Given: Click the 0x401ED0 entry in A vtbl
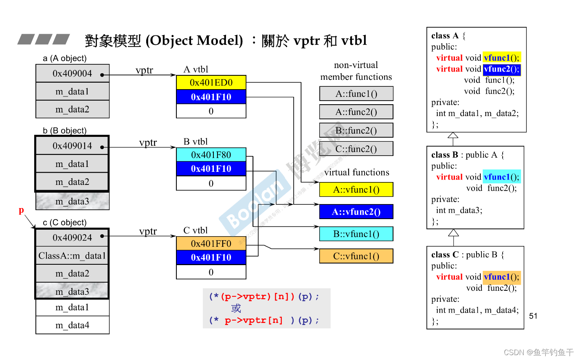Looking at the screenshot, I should coord(211,83).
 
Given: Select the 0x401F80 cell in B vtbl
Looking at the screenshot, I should coord(211,155).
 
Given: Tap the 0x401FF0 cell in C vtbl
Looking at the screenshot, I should coord(211,244).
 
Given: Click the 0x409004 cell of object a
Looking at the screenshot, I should coord(72,74).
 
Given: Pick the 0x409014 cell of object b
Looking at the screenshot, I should coord(72,146).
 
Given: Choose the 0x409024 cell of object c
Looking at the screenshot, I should coord(72,237).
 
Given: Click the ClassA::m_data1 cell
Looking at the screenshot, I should coord(72,256).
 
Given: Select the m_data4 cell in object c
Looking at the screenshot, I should coord(72,325).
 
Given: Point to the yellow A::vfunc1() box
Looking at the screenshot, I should coord(356,190).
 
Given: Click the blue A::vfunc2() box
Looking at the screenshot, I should coord(356,212).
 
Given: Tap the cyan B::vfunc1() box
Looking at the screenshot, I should coord(356,234).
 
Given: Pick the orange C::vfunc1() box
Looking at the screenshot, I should coord(356,256).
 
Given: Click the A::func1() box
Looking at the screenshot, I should coord(356,94).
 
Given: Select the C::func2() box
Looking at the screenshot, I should coord(356,149).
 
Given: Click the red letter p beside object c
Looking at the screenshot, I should coord(21,210).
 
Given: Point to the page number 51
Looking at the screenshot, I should coord(533,316).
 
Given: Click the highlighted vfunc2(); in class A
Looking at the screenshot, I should coord(502,69).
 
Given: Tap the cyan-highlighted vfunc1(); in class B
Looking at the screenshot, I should coord(502,177).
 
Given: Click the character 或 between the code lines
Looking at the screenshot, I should coord(236,308).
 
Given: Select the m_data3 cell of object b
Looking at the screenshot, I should coord(72,202).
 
